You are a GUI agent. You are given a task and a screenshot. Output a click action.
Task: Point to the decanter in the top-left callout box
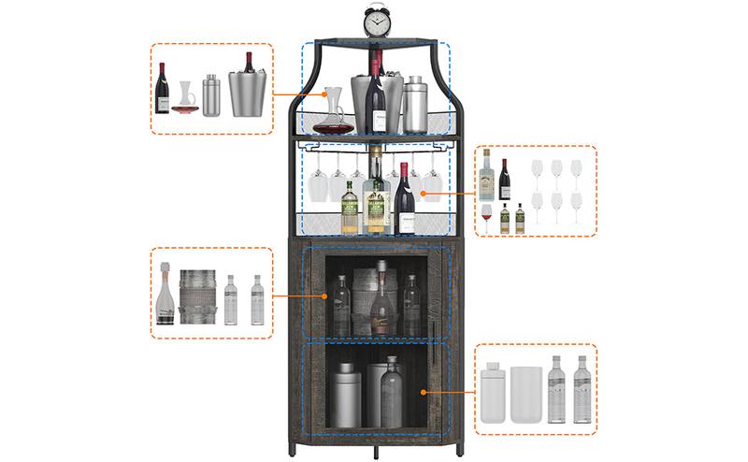point(186,98)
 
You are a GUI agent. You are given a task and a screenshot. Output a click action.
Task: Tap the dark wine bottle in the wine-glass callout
point(505,178)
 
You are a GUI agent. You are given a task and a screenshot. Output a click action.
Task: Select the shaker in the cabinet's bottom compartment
point(348,402)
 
